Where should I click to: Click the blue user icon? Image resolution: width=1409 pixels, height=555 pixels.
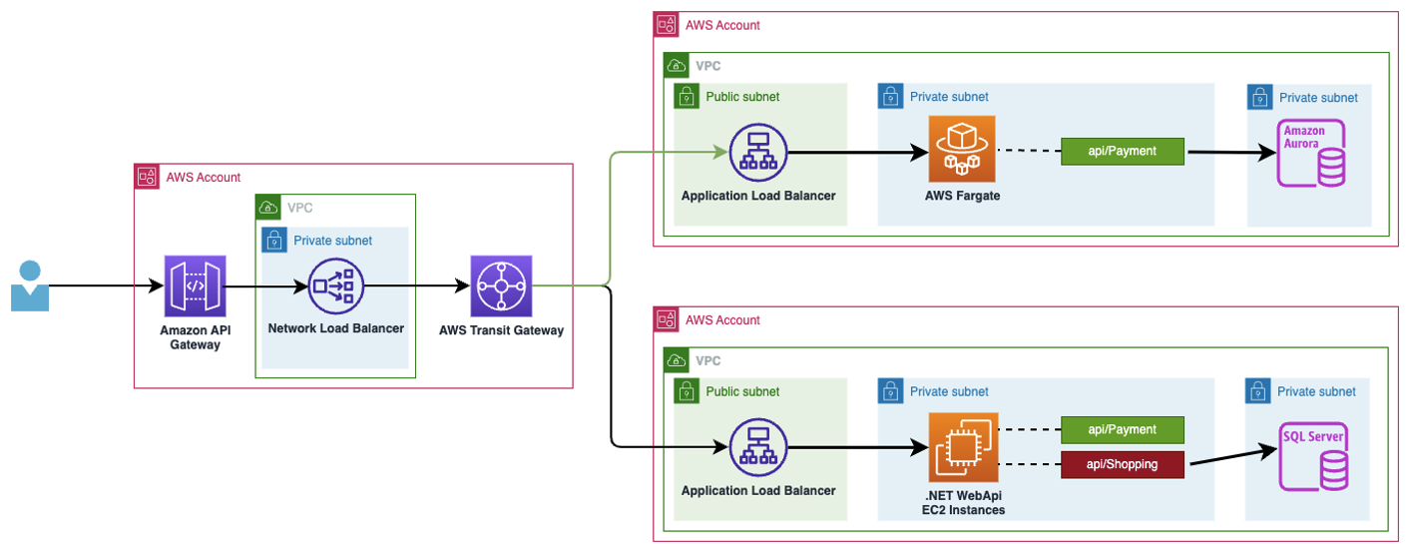tap(30, 285)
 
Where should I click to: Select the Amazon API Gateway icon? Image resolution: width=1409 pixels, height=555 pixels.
tap(195, 285)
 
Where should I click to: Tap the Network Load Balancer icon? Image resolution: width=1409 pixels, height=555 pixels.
tap(336, 286)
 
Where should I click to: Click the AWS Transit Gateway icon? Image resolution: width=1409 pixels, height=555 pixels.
tap(501, 285)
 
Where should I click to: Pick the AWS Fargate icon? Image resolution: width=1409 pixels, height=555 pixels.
tap(962, 149)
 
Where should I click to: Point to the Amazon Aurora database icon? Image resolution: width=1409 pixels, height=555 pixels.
tap(1311, 153)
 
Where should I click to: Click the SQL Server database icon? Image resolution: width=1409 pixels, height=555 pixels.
tap(1313, 457)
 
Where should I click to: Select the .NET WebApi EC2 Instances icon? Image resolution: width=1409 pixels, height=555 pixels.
tap(963, 447)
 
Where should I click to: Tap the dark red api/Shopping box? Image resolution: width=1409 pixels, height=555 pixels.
tap(1123, 464)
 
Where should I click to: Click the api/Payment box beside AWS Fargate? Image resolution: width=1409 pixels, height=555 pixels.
tap(1123, 151)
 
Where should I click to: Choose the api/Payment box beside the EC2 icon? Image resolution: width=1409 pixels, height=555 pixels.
tap(1123, 430)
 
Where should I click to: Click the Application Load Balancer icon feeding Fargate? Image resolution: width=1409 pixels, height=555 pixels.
tap(758, 153)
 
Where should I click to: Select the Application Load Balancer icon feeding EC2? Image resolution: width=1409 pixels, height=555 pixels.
tap(758, 447)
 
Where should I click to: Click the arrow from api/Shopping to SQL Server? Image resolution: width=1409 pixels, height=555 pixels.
tap(1233, 456)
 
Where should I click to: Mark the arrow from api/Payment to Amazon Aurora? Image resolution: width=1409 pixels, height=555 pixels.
tap(1231, 152)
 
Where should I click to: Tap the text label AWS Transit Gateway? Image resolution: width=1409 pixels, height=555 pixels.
tap(501, 330)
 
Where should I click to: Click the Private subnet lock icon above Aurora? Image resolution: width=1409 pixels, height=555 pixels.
tap(1259, 97)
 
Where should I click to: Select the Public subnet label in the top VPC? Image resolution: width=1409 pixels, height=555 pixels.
tap(742, 96)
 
